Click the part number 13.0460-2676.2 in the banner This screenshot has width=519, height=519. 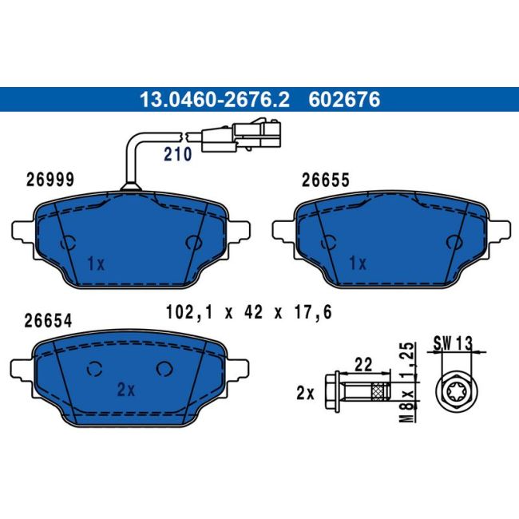pos(215,100)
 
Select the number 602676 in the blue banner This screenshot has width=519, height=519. pos(344,100)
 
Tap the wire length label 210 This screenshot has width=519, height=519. pos(178,154)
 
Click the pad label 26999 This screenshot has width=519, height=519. pos(50,180)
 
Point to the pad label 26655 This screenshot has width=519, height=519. pos(325,180)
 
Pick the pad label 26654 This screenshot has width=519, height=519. pos(48,321)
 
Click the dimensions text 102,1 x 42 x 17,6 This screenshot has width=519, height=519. pos(248,312)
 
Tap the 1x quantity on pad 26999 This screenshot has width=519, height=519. pos(96,263)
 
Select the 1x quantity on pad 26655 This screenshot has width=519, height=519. pos(359,263)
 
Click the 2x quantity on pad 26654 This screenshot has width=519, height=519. pos(126,390)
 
